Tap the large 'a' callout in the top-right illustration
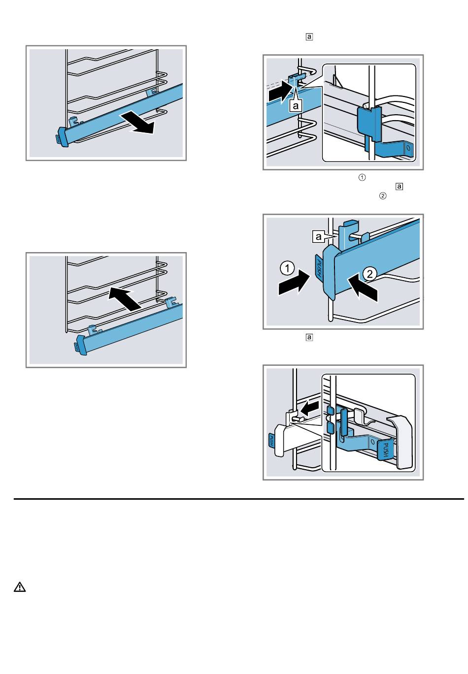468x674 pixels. click(296, 105)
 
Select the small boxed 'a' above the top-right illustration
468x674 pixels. click(309, 37)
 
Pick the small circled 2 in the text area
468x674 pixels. click(382, 196)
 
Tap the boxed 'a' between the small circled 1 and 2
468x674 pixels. click(400, 187)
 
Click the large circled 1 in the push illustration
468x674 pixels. click(287, 268)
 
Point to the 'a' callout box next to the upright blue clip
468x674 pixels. click(318, 237)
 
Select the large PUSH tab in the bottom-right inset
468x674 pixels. click(386, 450)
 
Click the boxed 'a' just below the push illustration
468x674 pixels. click(309, 337)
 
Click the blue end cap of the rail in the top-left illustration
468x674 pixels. click(63, 137)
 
